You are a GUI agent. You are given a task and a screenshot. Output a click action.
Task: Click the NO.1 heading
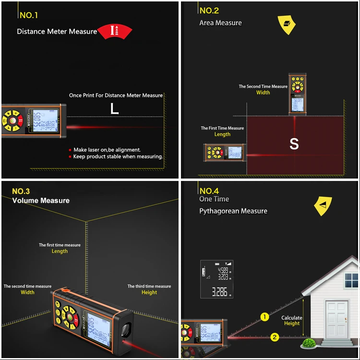point(29,15)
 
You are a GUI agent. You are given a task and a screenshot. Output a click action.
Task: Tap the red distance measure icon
point(114,31)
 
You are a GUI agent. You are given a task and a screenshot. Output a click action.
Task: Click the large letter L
point(114,109)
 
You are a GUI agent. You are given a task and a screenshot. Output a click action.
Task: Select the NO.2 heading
point(209,11)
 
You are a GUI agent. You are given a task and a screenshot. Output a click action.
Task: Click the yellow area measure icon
point(287,24)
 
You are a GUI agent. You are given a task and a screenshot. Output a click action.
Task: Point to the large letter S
point(294,144)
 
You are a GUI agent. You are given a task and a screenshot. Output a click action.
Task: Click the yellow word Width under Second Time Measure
point(263,93)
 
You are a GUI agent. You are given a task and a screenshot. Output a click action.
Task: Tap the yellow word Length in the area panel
point(222,134)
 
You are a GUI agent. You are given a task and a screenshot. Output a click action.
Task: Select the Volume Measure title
point(41,201)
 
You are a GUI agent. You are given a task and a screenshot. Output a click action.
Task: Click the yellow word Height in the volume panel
point(149,292)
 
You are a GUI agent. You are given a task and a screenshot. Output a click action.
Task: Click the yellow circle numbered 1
point(264,317)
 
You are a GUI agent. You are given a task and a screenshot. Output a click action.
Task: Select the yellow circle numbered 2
point(274,337)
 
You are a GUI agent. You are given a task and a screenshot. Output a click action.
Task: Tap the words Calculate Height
point(291,321)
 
